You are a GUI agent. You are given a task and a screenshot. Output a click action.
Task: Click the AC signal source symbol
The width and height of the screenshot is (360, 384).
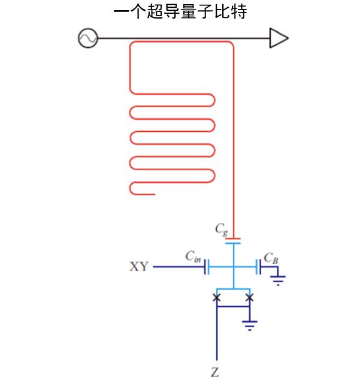87,38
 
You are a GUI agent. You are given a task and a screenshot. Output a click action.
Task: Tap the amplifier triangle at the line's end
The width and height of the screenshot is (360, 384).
278,38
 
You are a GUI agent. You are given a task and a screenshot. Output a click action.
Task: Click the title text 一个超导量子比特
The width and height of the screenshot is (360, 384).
180,12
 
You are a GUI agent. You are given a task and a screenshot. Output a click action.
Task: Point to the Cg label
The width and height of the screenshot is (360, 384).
221,228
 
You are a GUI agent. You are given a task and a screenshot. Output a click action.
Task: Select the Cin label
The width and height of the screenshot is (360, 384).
193,257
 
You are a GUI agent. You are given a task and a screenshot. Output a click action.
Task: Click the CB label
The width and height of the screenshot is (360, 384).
271,257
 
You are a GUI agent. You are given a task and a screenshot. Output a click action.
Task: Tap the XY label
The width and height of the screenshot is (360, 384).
139,267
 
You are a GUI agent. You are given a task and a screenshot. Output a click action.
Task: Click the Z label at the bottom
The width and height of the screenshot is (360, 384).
215,373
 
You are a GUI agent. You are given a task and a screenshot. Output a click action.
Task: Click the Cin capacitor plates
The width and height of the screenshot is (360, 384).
206,267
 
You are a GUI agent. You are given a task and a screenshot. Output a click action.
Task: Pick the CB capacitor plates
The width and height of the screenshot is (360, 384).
259,267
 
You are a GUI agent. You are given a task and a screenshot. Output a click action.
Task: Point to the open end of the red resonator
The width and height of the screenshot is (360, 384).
155,194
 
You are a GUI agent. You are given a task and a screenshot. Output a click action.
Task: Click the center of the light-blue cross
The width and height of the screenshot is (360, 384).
233,267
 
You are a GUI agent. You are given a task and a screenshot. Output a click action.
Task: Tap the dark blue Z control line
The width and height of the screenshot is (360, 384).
216,341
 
